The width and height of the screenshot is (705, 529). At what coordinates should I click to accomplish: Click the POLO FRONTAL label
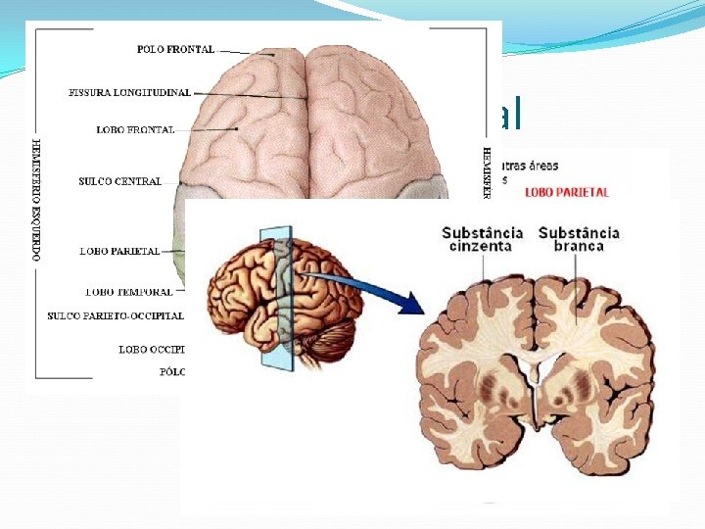tap(177, 50)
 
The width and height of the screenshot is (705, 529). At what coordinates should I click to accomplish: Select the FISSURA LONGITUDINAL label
tap(129, 93)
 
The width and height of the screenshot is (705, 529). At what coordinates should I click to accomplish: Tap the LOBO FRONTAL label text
tap(135, 129)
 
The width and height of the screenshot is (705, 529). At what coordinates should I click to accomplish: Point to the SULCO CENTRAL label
tap(119, 181)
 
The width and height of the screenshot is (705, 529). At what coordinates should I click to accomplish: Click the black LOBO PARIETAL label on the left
tap(119, 252)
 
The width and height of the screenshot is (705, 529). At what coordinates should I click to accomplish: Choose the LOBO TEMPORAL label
tap(128, 291)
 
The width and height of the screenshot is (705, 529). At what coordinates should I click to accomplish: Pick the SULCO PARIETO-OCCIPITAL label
tap(115, 315)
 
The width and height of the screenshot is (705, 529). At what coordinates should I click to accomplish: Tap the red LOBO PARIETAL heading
tap(567, 192)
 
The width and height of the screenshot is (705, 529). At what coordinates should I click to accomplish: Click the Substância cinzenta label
tap(482, 239)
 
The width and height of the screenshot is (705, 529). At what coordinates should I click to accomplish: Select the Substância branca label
tap(579, 239)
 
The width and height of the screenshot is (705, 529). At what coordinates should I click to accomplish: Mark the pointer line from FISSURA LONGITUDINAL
tap(250, 95)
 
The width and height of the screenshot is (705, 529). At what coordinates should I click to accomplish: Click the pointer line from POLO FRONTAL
tap(239, 51)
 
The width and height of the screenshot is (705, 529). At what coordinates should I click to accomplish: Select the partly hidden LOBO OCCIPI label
tap(151, 349)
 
